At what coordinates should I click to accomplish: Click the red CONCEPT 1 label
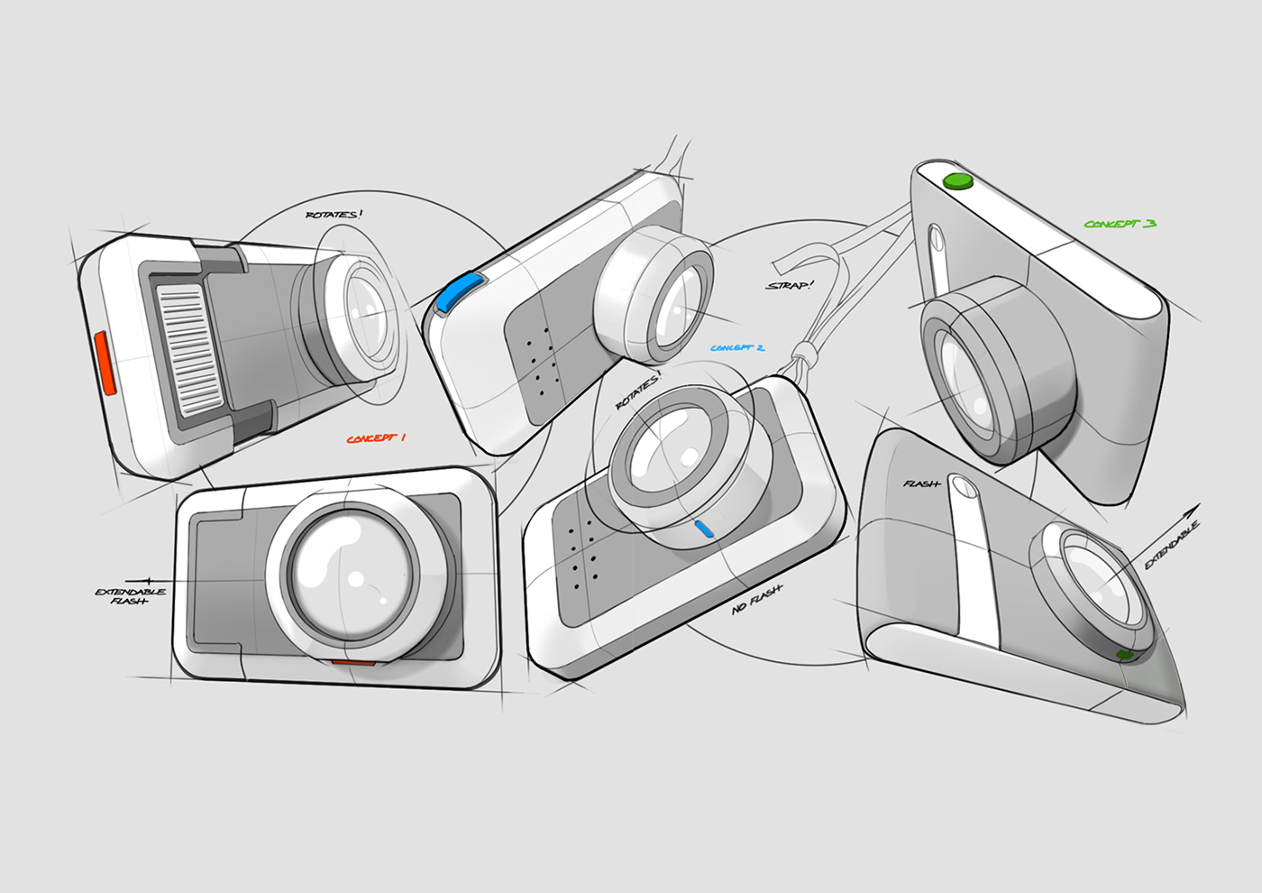click(x=376, y=438)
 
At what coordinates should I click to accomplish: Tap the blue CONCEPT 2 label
click(x=736, y=348)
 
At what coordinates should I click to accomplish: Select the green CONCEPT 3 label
click(x=1120, y=224)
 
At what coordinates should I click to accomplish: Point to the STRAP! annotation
click(x=789, y=286)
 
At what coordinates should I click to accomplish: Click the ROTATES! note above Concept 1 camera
click(x=334, y=215)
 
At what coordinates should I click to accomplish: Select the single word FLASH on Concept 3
click(x=921, y=484)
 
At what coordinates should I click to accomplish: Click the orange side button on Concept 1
click(x=105, y=363)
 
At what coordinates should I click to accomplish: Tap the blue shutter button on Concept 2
click(x=457, y=294)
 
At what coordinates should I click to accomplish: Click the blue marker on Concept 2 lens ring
click(x=704, y=529)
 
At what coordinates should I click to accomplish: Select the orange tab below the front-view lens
click(x=353, y=663)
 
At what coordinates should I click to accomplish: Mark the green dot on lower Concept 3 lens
click(x=1124, y=655)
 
